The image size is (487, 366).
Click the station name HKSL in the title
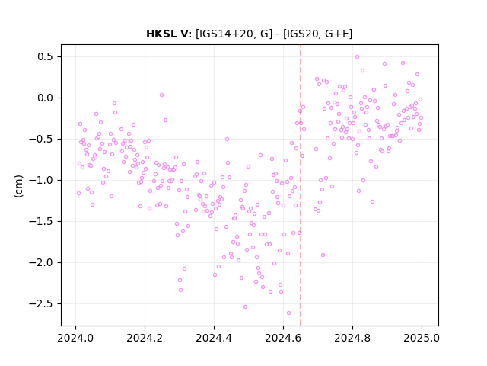[x=162, y=34]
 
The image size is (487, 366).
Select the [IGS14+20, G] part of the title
[x=234, y=34]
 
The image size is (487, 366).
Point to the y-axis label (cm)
[x=18, y=186]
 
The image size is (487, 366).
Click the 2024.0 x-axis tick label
[x=75, y=338]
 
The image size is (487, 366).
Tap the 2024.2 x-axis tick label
[x=145, y=338]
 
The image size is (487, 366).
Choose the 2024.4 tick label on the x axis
[x=214, y=338]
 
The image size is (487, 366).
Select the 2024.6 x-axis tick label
[x=283, y=338]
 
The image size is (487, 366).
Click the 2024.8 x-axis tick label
[x=352, y=338]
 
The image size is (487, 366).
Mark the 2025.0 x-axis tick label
[x=422, y=338]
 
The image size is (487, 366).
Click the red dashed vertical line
[x=301, y=185]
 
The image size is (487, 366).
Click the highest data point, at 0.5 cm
[x=357, y=57]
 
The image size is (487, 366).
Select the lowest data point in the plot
[x=288, y=313]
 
